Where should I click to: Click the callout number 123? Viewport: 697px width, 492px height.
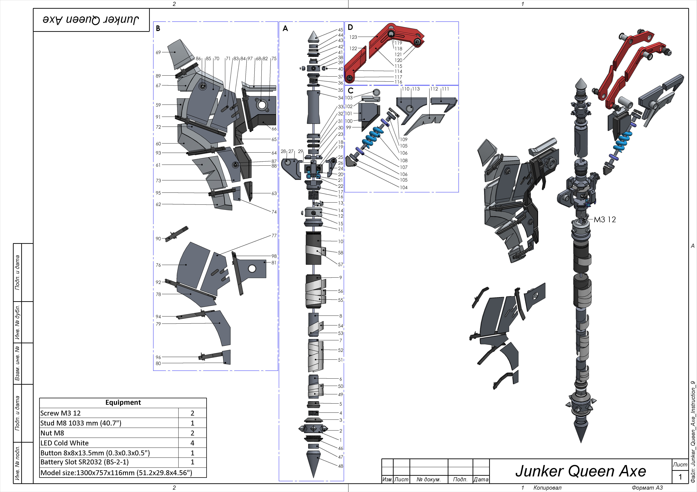click(x=353, y=37)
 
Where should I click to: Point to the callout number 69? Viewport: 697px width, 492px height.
click(x=158, y=52)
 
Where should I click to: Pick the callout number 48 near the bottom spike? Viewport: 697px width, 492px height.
click(x=341, y=466)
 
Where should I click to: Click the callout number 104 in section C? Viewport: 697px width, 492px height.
click(x=403, y=187)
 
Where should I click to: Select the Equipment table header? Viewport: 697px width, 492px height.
click(x=123, y=402)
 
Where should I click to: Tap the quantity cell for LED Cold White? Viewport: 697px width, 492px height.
click(x=192, y=443)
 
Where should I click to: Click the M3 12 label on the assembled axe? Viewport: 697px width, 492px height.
click(x=605, y=219)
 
